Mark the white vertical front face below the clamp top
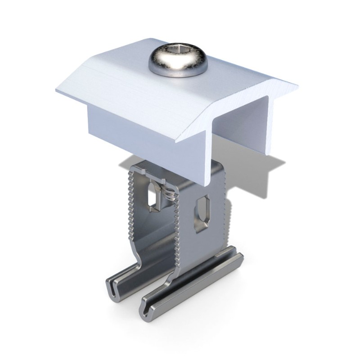point(130,130)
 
